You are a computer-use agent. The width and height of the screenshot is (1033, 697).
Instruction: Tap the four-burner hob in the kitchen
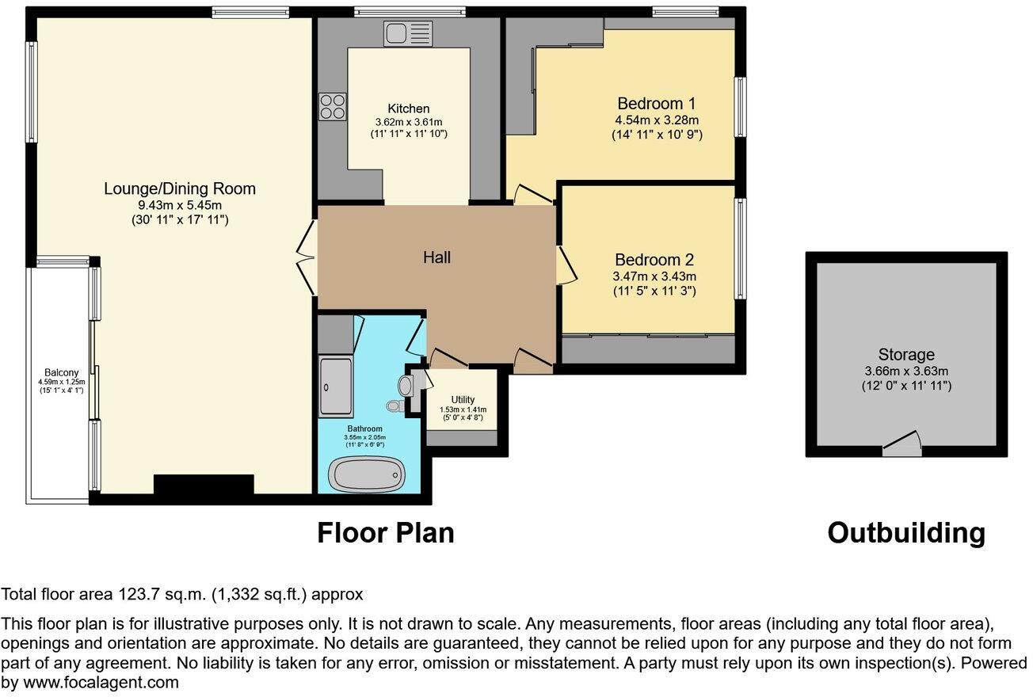point(332,106)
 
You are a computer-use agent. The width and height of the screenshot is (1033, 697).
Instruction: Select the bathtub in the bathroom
point(366,474)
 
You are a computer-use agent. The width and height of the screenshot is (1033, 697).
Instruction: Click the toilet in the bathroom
point(394,406)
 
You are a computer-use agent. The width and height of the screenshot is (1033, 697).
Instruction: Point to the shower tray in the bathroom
point(336,387)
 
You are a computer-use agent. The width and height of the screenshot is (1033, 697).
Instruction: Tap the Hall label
point(436,257)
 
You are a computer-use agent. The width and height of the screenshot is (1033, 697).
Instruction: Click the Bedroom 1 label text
point(657,104)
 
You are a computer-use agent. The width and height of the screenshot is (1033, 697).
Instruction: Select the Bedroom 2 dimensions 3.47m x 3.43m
point(654,276)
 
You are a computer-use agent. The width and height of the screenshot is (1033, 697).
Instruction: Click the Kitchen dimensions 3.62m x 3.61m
point(409,122)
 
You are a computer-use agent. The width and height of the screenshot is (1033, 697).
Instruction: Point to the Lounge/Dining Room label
point(180,189)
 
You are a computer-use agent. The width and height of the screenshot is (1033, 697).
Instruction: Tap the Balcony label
point(61,372)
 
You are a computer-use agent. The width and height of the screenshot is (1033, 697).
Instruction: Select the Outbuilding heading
point(906,533)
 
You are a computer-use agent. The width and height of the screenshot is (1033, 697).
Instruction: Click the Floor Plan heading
point(386,533)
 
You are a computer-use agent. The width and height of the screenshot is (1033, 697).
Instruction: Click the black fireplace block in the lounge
point(204,485)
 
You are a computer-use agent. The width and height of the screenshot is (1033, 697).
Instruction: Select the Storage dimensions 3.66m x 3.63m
point(906,371)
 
